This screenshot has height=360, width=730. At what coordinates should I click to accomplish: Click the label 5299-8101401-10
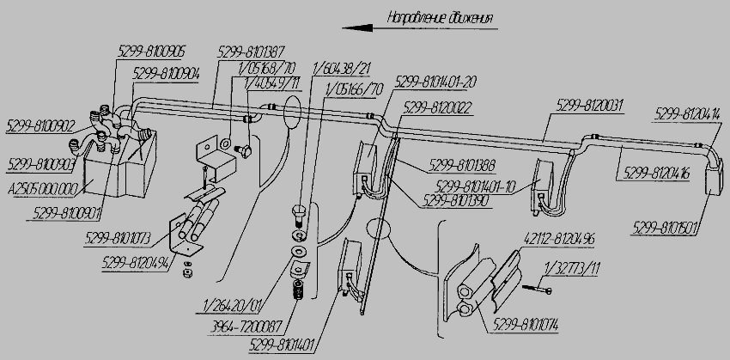pyautogui.click(x=472, y=185)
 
